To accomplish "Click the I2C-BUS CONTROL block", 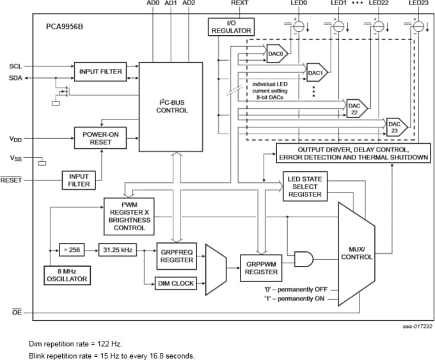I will tap(172, 106).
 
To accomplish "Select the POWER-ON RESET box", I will tap(100, 138).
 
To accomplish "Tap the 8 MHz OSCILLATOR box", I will tap(67, 275).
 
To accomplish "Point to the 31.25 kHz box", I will tap(116, 250).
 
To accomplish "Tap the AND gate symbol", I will tap(303, 259).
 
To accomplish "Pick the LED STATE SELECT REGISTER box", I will tap(306, 185).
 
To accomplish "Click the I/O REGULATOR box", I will tap(231, 27).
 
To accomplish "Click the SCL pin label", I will tap(15, 67).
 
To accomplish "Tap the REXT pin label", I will tap(239, 4).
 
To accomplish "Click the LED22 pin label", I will tap(379, 4).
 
